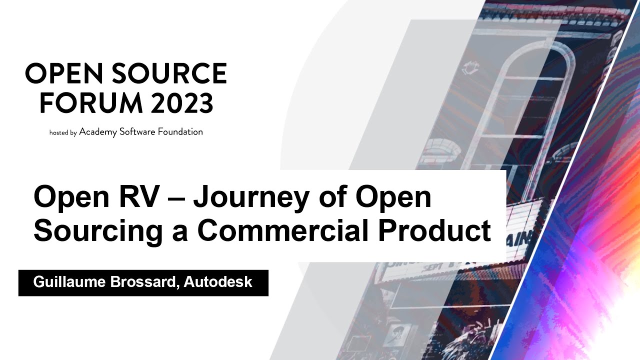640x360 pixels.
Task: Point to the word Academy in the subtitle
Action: coord(97,132)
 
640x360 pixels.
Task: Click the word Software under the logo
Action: coord(137,132)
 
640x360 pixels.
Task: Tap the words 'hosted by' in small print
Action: coord(63,133)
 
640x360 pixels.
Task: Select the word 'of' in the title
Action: coord(334,196)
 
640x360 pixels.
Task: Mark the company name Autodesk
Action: coord(218,282)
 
